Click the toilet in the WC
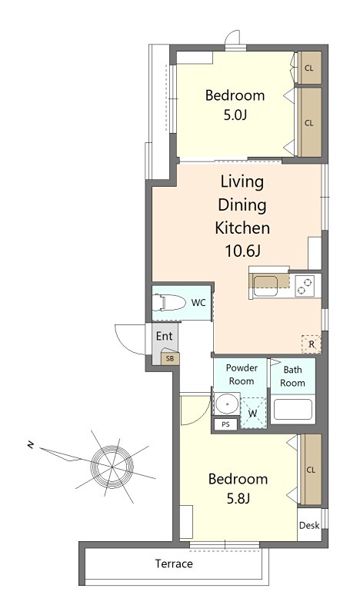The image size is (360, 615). pos(169,303)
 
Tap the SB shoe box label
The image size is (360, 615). pos(170,358)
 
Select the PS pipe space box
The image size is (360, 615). pos(225,424)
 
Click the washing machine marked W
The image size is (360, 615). pos(253,413)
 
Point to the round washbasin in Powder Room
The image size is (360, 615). pos(226,404)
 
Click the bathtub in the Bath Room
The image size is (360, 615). pos(293,410)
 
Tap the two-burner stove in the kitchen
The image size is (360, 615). pos(305,285)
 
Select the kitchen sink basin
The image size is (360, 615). pos(265,286)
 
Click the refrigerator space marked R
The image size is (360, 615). pos(312,344)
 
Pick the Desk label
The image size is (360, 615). pos(309,525)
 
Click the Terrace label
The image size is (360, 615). pos(174,564)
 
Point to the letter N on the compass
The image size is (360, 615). pos(30,445)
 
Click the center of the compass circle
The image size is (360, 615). pos(112,467)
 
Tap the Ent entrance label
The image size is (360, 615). pos(164,336)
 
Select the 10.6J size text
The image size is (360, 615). pos(242,251)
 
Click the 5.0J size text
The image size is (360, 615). pos(235,115)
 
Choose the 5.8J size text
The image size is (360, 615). pos(238,498)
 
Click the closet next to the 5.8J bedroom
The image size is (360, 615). pos(311,469)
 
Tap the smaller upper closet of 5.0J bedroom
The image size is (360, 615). pos(309,68)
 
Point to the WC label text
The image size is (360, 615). pos(198,303)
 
